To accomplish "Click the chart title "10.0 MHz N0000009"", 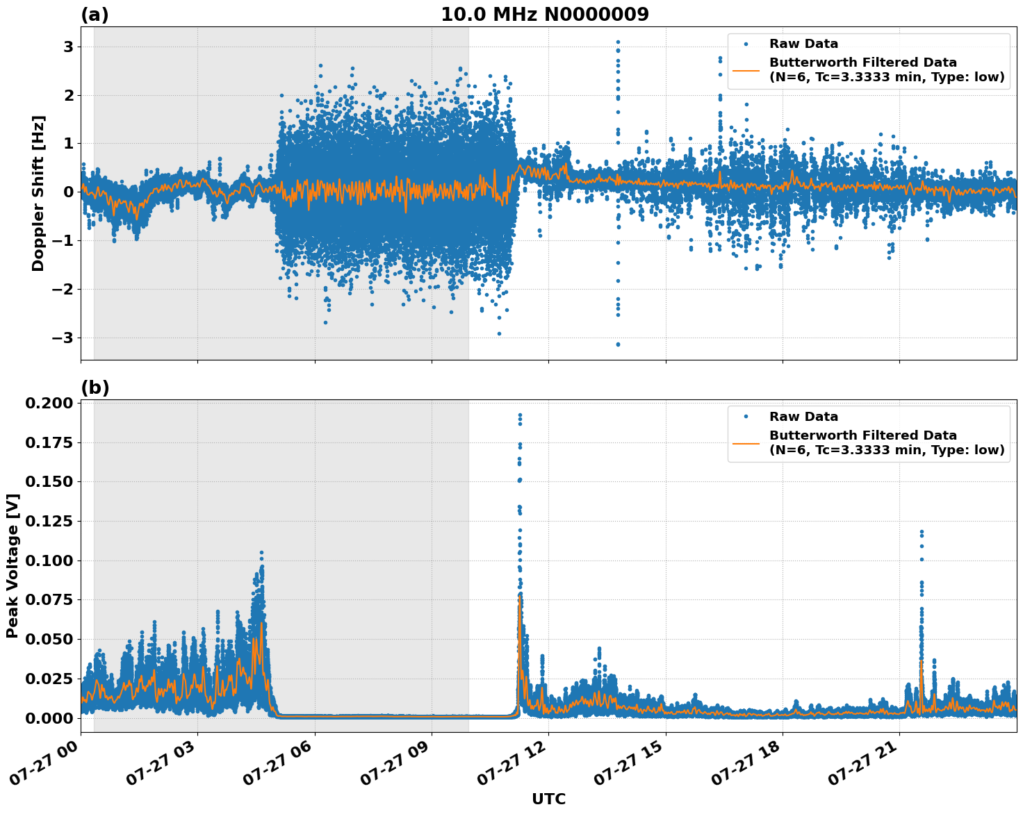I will (544, 15).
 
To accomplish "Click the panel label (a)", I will (95, 15).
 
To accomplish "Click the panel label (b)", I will (95, 388).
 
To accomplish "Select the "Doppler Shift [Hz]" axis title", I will (38, 193).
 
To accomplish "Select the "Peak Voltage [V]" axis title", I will (12, 565).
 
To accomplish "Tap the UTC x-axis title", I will (548, 799).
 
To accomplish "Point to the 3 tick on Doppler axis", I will (68, 47).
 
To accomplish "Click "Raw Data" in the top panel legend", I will (803, 44).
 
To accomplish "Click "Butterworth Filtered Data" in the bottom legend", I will (862, 435).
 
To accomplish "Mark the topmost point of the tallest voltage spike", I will (519, 415).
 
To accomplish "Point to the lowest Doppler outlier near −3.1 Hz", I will (618, 344).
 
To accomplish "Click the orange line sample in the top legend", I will (746, 69).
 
